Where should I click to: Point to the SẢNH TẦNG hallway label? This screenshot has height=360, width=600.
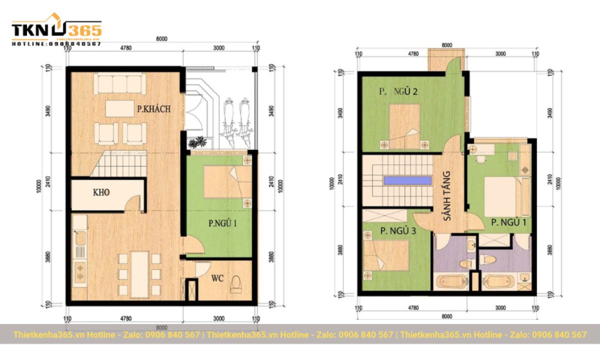point(446,196)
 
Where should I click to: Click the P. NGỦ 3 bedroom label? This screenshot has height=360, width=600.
point(398,231)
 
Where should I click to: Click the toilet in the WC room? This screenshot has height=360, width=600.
point(236,286)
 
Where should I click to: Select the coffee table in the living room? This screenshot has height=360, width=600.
point(119,108)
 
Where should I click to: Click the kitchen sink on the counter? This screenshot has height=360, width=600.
point(79,244)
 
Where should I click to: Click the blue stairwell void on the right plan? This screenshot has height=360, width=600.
point(407,180)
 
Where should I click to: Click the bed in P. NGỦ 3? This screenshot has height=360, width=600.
point(386,255)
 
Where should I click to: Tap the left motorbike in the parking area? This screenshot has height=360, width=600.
point(229,117)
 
